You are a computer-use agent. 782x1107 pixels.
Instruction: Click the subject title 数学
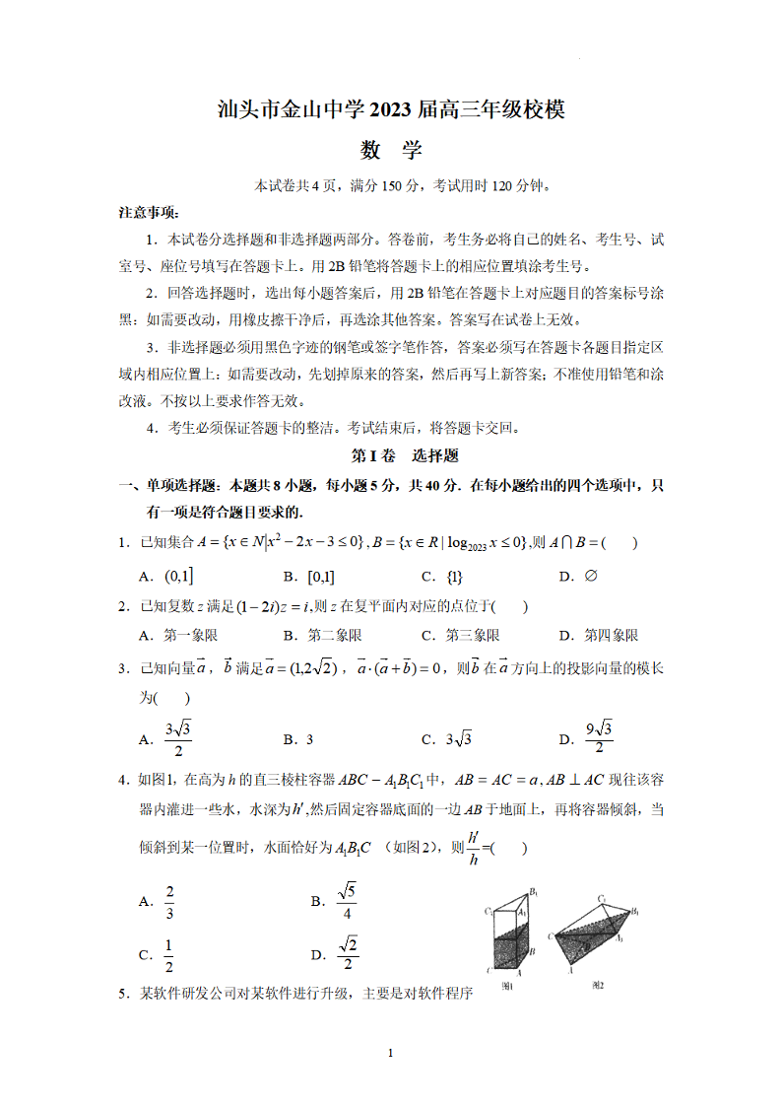[x=391, y=150]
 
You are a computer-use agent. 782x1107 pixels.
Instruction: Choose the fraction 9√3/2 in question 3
[x=599, y=739]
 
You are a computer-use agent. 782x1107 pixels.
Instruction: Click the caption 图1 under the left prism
[x=508, y=986]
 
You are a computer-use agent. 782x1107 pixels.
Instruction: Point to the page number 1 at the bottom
[x=391, y=1054]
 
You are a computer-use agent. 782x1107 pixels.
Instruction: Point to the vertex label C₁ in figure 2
[x=601, y=898]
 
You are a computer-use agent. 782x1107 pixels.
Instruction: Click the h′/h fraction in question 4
[x=474, y=848]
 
